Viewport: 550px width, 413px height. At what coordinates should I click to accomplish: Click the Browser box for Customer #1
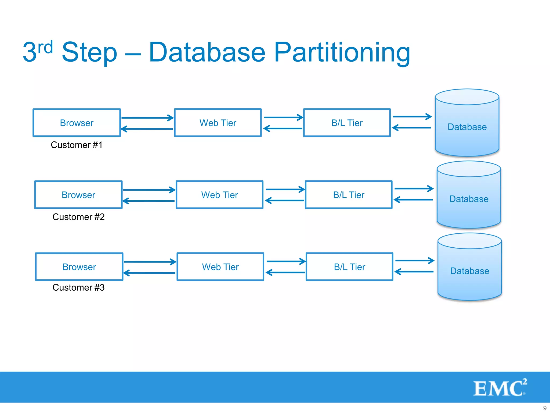click(x=77, y=123)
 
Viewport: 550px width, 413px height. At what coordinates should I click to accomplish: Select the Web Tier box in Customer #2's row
click(x=219, y=195)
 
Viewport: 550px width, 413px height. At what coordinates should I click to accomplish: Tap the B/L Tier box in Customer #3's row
click(x=349, y=267)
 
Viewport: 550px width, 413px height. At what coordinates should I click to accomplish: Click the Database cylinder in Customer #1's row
click(x=467, y=127)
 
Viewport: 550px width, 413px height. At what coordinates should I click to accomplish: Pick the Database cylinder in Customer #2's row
click(x=469, y=199)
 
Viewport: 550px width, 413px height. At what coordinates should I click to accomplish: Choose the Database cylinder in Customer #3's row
click(x=469, y=271)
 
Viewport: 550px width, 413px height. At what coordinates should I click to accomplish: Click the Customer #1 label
click(x=77, y=145)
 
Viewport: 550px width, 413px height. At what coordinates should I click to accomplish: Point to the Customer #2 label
click(x=78, y=217)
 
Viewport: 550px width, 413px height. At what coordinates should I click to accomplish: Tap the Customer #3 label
click(x=78, y=287)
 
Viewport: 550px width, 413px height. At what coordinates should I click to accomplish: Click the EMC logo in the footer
click(x=500, y=388)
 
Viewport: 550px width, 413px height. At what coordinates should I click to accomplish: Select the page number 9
click(x=545, y=408)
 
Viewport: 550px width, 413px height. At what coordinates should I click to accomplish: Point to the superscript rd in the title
click(x=45, y=48)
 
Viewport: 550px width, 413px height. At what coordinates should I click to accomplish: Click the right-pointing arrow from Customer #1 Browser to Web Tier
click(x=147, y=118)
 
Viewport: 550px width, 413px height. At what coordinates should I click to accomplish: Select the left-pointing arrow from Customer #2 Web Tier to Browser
click(x=149, y=201)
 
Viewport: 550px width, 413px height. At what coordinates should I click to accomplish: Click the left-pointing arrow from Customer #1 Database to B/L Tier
click(x=412, y=128)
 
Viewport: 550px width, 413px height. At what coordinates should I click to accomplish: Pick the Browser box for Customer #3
click(x=79, y=267)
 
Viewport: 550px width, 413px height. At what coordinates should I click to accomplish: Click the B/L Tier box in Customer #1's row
click(x=347, y=123)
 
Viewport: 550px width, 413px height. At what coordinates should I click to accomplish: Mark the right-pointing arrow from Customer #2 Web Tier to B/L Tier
click(x=285, y=189)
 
